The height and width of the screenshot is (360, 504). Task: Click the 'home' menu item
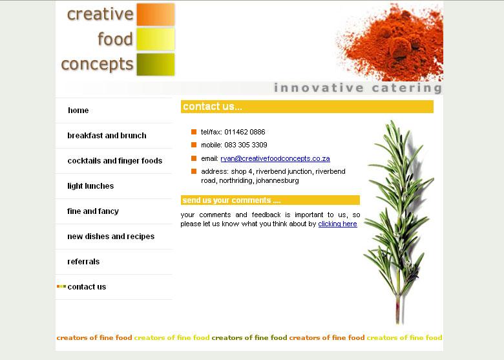[x=78, y=111]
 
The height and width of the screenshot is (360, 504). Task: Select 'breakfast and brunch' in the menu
[x=107, y=136]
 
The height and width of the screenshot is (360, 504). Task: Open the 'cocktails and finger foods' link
[x=115, y=161]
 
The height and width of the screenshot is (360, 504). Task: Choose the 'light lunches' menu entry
[x=90, y=186]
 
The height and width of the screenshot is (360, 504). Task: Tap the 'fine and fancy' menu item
[x=93, y=211]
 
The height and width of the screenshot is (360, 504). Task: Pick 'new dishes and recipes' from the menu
[x=111, y=237]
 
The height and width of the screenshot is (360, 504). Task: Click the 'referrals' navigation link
[x=83, y=262]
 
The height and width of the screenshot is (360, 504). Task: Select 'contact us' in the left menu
[x=87, y=287]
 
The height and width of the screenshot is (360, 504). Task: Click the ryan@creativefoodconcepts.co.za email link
[x=275, y=158]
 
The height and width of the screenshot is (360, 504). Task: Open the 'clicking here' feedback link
[x=337, y=224]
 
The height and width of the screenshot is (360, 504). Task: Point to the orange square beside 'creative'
[x=156, y=14]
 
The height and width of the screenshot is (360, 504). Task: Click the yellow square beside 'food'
[x=156, y=39]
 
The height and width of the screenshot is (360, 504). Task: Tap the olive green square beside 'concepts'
[x=156, y=65]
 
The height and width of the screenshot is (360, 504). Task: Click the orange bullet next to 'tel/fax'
[x=194, y=132]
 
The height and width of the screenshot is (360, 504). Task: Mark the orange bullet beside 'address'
[x=194, y=171]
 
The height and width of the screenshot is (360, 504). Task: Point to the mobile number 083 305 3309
[x=246, y=145]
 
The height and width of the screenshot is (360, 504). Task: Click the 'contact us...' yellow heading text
[x=213, y=107]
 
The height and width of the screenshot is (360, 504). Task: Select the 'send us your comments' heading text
[x=231, y=200]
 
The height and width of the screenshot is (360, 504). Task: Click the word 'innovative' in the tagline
[x=319, y=88]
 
